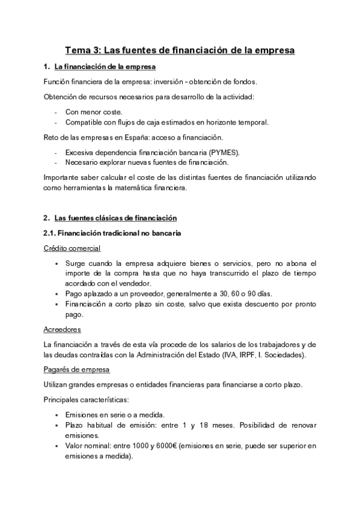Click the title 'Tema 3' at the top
coord(85,51)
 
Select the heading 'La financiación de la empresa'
coord(105,66)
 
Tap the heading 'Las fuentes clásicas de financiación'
coord(115,218)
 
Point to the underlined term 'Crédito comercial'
coord(72,248)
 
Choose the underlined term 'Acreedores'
coord(63,330)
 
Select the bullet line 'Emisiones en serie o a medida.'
coord(122,415)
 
